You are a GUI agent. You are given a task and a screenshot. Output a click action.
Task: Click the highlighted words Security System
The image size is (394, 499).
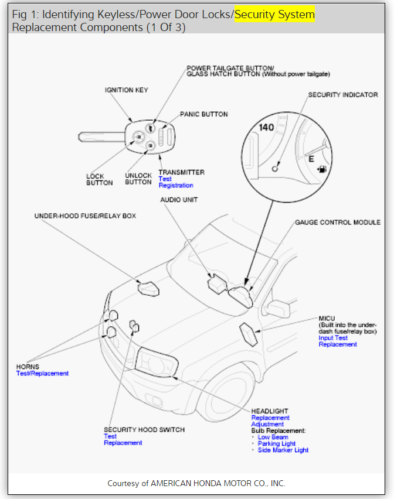click(x=274, y=14)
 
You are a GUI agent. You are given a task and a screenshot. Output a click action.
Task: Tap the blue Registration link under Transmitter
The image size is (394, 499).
click(x=176, y=186)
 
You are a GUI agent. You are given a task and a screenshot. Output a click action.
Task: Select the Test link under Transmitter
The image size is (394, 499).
click(x=165, y=179)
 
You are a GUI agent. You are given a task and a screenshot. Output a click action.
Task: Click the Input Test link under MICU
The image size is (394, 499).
click(x=333, y=338)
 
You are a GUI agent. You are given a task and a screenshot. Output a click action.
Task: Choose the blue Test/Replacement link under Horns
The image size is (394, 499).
click(x=42, y=373)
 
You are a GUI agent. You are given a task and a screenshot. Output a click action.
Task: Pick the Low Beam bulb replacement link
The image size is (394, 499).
click(x=273, y=437)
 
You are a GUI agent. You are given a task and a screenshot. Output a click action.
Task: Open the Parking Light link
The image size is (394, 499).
click(x=277, y=443)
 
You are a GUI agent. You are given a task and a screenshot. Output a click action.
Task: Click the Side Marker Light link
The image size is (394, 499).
click(x=283, y=450)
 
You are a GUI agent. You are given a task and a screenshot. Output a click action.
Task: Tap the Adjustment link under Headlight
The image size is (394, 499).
click(x=267, y=424)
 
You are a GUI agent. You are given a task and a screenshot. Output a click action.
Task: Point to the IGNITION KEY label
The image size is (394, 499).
click(x=126, y=90)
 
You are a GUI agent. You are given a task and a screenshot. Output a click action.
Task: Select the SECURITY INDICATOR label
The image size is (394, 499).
click(x=343, y=95)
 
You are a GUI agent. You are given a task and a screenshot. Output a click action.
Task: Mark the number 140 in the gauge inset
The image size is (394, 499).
click(x=267, y=127)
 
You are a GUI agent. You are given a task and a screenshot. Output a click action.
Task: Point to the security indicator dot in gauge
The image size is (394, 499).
click(x=274, y=168)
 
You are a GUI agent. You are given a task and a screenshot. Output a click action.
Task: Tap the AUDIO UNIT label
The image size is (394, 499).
click(x=179, y=200)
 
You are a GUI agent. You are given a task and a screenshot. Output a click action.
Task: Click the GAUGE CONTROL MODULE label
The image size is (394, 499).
click(x=337, y=223)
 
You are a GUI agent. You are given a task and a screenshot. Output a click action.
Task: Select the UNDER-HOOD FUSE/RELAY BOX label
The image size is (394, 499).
click(x=85, y=216)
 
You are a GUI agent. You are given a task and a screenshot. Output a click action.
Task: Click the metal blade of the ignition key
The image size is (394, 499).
click(x=100, y=137)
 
